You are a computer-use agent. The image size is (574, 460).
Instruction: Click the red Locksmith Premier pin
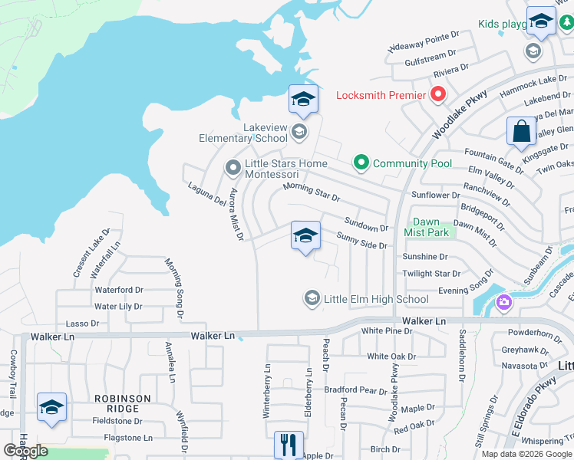[438, 95]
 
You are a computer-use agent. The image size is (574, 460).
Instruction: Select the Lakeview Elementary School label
[242, 133]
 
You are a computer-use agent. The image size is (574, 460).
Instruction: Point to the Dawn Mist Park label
[426, 227]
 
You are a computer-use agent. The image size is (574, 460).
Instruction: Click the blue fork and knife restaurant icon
[289, 445]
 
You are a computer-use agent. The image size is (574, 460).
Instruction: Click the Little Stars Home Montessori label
[285, 169]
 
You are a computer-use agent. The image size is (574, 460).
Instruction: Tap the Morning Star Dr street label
[311, 192]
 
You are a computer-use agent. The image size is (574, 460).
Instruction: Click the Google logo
[25, 451]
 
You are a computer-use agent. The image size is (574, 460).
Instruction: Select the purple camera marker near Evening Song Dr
[504, 301]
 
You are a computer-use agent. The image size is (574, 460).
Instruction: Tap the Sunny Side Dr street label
[362, 242]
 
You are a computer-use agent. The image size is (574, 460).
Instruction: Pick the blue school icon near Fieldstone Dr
[51, 407]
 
